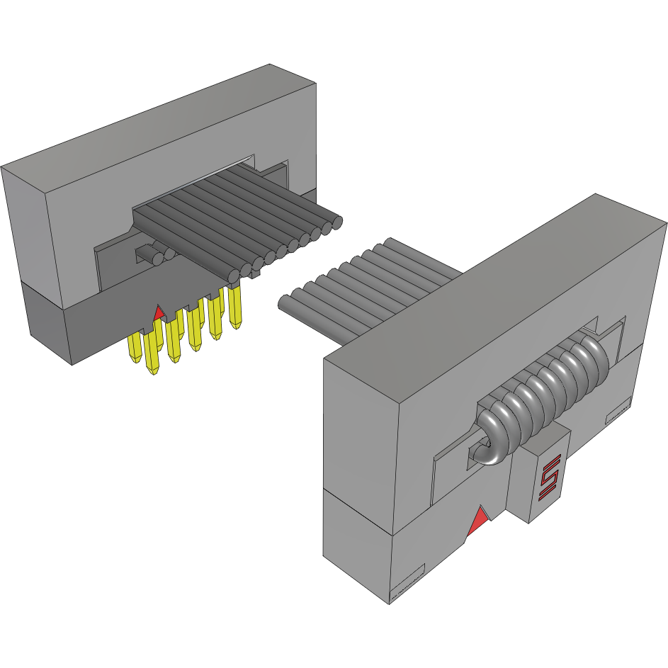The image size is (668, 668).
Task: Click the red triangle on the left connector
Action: [x=159, y=312]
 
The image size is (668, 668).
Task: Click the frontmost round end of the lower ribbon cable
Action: [x=284, y=302]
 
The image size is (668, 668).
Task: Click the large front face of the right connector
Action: [x=361, y=425]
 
